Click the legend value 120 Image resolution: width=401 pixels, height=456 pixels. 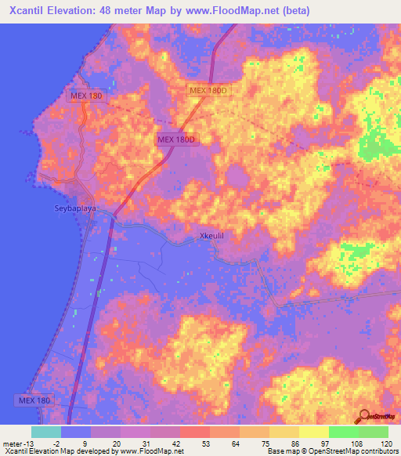point(386,443)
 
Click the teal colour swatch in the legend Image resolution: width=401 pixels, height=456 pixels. point(45,432)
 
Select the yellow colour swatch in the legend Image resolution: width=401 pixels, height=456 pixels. point(313,432)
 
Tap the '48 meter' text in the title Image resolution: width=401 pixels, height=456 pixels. point(126,11)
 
